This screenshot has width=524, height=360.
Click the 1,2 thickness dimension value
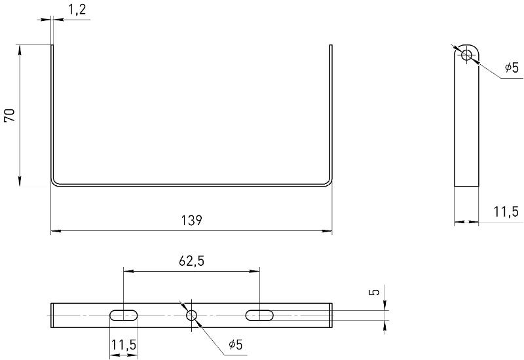pyautogui.click(x=77, y=10)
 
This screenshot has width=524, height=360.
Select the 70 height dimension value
pyautogui.click(x=10, y=115)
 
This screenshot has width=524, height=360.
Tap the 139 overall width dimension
pyautogui.click(x=191, y=221)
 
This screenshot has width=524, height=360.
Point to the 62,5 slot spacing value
pyautogui.click(x=191, y=261)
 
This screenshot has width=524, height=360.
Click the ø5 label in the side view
pyautogui.click(x=512, y=67)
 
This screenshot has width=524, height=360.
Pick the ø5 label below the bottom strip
pyautogui.click(x=236, y=344)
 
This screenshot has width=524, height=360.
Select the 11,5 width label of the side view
pyautogui.click(x=506, y=211)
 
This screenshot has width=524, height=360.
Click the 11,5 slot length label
pyautogui.click(x=124, y=345)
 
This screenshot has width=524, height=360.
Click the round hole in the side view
pyautogui.click(x=466, y=55)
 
